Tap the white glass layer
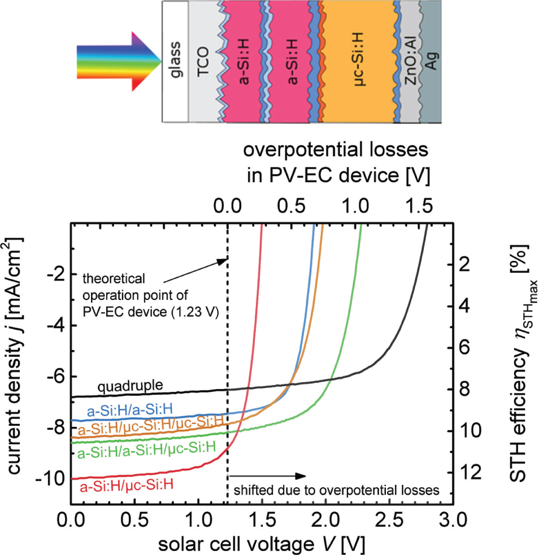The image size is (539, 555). [x=175, y=61]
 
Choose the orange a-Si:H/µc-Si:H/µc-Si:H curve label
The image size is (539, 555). [x=153, y=432]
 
